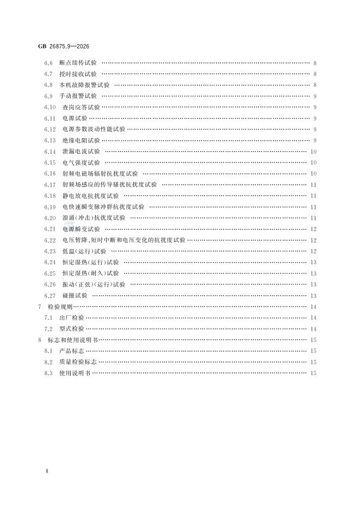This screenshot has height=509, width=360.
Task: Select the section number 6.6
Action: (x=48, y=63)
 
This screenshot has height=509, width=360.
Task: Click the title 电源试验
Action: (x=75, y=118)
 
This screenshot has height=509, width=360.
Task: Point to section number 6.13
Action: (x=50, y=140)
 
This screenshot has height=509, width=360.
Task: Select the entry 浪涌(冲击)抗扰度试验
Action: (x=94, y=218)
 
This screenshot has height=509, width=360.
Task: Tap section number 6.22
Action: (x=50, y=240)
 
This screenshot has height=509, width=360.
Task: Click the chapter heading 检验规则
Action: (x=67, y=307)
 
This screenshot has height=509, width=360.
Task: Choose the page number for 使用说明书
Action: (x=314, y=373)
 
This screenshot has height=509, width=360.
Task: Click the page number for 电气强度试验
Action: (x=314, y=163)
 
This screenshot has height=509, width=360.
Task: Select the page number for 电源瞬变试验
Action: (x=314, y=229)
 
